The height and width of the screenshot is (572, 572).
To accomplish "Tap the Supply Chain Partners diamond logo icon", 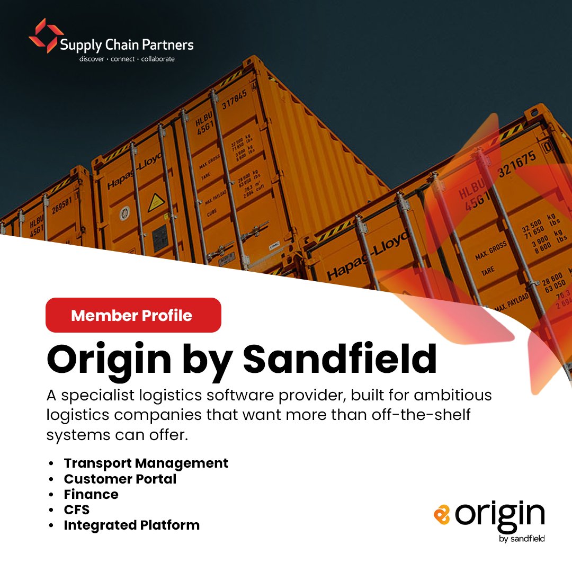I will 46,35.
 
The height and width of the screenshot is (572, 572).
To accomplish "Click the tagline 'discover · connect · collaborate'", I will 127,59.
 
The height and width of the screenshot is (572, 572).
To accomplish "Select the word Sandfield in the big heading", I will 340,359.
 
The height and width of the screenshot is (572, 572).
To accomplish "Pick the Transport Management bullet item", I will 146,463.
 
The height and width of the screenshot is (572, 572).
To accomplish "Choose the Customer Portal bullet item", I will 120,479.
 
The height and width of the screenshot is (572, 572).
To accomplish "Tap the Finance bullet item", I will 91,494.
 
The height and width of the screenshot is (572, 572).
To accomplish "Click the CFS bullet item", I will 77,510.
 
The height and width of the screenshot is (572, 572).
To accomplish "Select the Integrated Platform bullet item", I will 132,525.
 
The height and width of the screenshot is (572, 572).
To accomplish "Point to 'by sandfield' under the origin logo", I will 522,539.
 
